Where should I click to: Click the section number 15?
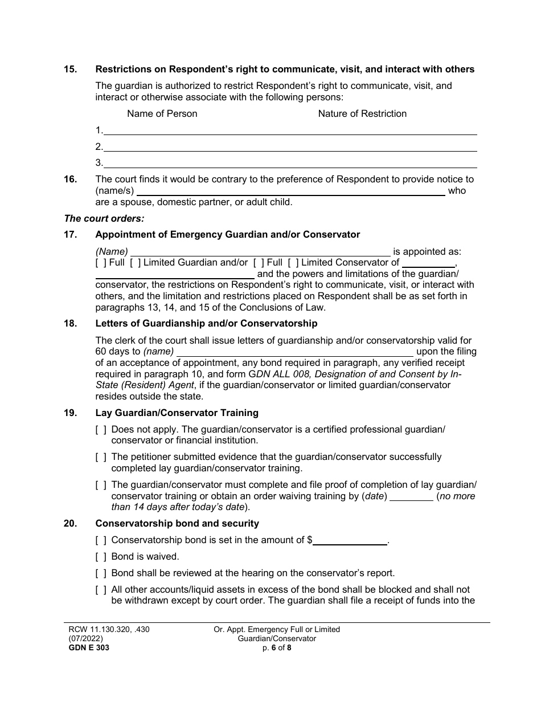coord(70,70)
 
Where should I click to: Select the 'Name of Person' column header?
coord(162,113)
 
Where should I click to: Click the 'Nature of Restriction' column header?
coord(362,113)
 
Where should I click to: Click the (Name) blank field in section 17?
coord(260,252)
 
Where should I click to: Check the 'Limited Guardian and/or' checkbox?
coord(135,263)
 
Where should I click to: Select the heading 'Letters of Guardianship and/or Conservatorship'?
coord(206,324)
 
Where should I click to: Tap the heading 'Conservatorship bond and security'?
coord(177,523)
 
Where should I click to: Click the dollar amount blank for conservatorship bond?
coord(350,540)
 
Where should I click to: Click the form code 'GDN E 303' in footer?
coord(86,647)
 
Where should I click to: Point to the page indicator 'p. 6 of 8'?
coord(276,647)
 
